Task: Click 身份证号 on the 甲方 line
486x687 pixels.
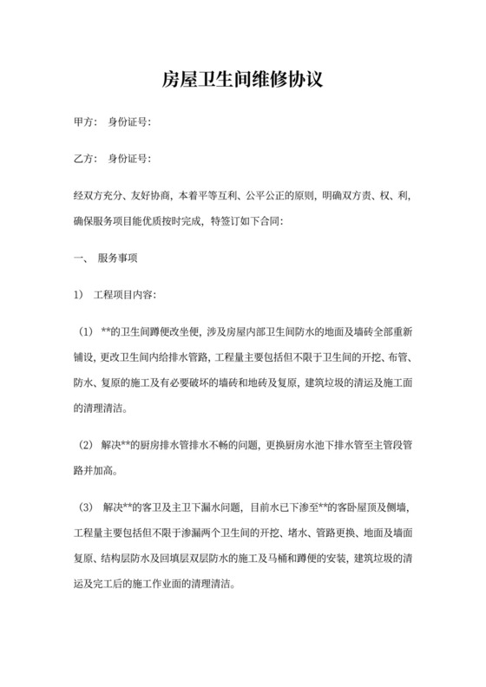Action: pos(127,122)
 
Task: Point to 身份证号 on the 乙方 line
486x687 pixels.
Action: pos(127,159)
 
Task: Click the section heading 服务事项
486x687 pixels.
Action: pos(117,258)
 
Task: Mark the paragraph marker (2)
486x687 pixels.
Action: pos(86,446)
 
